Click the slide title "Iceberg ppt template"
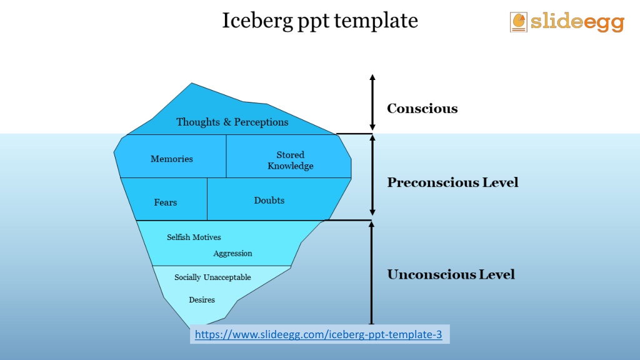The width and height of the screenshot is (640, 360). (320, 21)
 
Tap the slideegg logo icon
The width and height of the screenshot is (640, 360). (518, 22)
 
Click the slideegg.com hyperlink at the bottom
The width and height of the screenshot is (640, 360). (318, 334)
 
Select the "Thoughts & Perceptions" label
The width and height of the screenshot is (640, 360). (232, 122)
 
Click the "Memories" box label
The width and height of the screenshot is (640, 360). (172, 159)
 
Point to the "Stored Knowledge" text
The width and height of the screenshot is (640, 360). (290, 161)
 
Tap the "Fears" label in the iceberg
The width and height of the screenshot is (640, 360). (165, 202)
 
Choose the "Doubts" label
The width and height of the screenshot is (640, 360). (269, 201)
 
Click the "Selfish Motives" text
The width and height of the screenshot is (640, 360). (194, 237)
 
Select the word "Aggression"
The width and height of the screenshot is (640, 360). (232, 254)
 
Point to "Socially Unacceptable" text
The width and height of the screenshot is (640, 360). (212, 277)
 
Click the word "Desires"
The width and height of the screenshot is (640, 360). (202, 299)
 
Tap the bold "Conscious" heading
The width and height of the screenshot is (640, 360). (422, 109)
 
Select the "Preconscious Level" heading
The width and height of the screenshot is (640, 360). (452, 182)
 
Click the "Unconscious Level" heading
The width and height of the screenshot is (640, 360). (451, 274)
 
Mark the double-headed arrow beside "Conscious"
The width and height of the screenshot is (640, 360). (372, 102)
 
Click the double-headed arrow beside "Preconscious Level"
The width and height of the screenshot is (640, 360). (372, 176)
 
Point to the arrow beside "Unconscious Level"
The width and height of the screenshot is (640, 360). (371, 272)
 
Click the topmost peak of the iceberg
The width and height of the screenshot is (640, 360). (192, 83)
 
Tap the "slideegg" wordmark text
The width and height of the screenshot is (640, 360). (577, 22)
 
